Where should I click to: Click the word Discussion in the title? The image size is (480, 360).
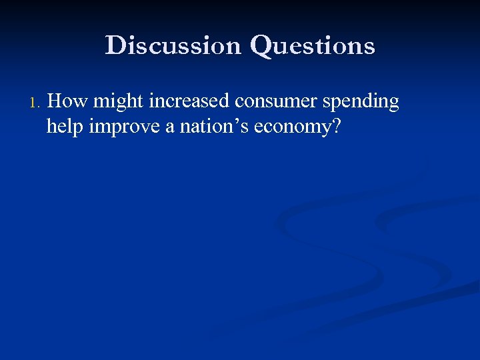click(x=173, y=45)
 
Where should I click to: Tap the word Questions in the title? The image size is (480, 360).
click(x=312, y=46)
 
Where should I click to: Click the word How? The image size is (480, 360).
click(x=68, y=101)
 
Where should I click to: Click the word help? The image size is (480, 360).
click(x=65, y=126)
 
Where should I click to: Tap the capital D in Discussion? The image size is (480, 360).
click(x=115, y=45)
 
